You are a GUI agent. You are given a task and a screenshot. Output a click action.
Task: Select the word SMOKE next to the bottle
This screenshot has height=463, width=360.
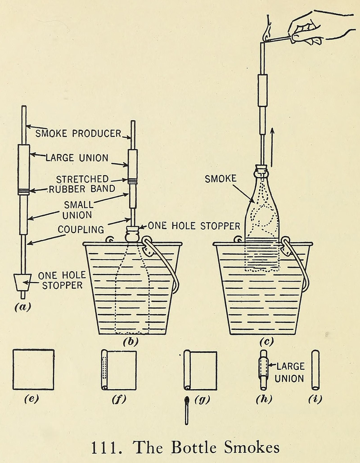pyautogui.click(x=220, y=179)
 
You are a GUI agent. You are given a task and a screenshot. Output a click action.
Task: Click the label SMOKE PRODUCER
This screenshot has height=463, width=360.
pyautogui.click(x=78, y=133)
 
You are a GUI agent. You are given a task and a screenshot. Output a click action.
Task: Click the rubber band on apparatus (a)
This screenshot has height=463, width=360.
pyautogui.click(x=23, y=192)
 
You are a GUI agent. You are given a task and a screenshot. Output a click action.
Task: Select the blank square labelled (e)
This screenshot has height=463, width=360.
pyautogui.click(x=33, y=369)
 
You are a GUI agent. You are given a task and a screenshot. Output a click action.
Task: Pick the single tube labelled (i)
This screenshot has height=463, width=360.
pyautogui.click(x=315, y=370)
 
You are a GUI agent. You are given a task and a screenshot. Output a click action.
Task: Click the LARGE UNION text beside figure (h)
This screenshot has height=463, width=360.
pyautogui.click(x=290, y=373)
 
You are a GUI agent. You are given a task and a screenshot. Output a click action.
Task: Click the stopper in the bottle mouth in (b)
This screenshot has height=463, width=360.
pyautogui.click(x=133, y=234)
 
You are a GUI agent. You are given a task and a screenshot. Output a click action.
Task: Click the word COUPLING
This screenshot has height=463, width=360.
pyautogui.click(x=81, y=229)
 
